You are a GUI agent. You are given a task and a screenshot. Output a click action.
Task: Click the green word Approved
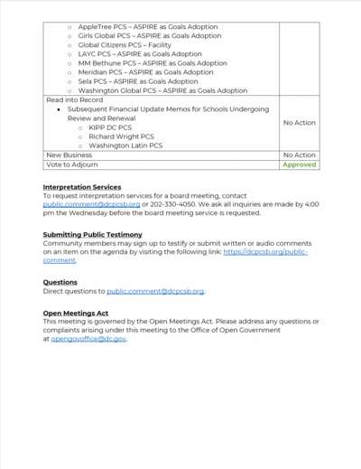coord(299,165)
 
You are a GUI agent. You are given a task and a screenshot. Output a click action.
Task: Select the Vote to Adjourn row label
coord(72,165)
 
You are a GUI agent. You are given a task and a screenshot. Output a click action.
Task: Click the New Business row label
coord(68,155)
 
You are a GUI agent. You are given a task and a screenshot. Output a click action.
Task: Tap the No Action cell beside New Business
coord(299,155)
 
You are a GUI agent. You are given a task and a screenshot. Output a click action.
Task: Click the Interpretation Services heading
coord(82,187)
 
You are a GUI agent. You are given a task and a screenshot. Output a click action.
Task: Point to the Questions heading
coord(60,282)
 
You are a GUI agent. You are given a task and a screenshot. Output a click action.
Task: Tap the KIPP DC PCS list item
coord(110,127)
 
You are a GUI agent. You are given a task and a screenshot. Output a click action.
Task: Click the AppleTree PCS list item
coord(148,27)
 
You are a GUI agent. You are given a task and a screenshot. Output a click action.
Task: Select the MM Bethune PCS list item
coord(152,63)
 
